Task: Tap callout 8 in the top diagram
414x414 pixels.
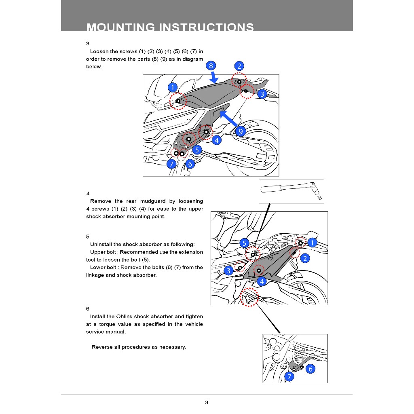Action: pos(211,66)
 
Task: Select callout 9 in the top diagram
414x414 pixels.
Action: pos(240,131)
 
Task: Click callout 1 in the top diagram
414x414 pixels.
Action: pos(173,88)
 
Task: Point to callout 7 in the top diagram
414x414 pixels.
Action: pos(171,164)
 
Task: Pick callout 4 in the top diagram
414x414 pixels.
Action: pos(217,140)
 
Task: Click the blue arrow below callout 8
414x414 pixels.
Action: pos(214,77)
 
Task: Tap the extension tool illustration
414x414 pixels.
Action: pos(291,191)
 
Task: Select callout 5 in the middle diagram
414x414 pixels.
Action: pos(244,243)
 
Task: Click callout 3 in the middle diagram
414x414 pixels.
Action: pos(228,270)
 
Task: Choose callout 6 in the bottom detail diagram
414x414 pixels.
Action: pos(310,369)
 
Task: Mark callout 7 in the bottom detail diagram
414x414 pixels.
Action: pos(289,377)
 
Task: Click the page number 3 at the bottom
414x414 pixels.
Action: pos(207,402)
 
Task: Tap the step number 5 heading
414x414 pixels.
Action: pos(88,237)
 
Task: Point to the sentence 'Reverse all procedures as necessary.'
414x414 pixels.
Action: pos(139,347)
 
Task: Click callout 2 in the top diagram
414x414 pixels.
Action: pos(239,66)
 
